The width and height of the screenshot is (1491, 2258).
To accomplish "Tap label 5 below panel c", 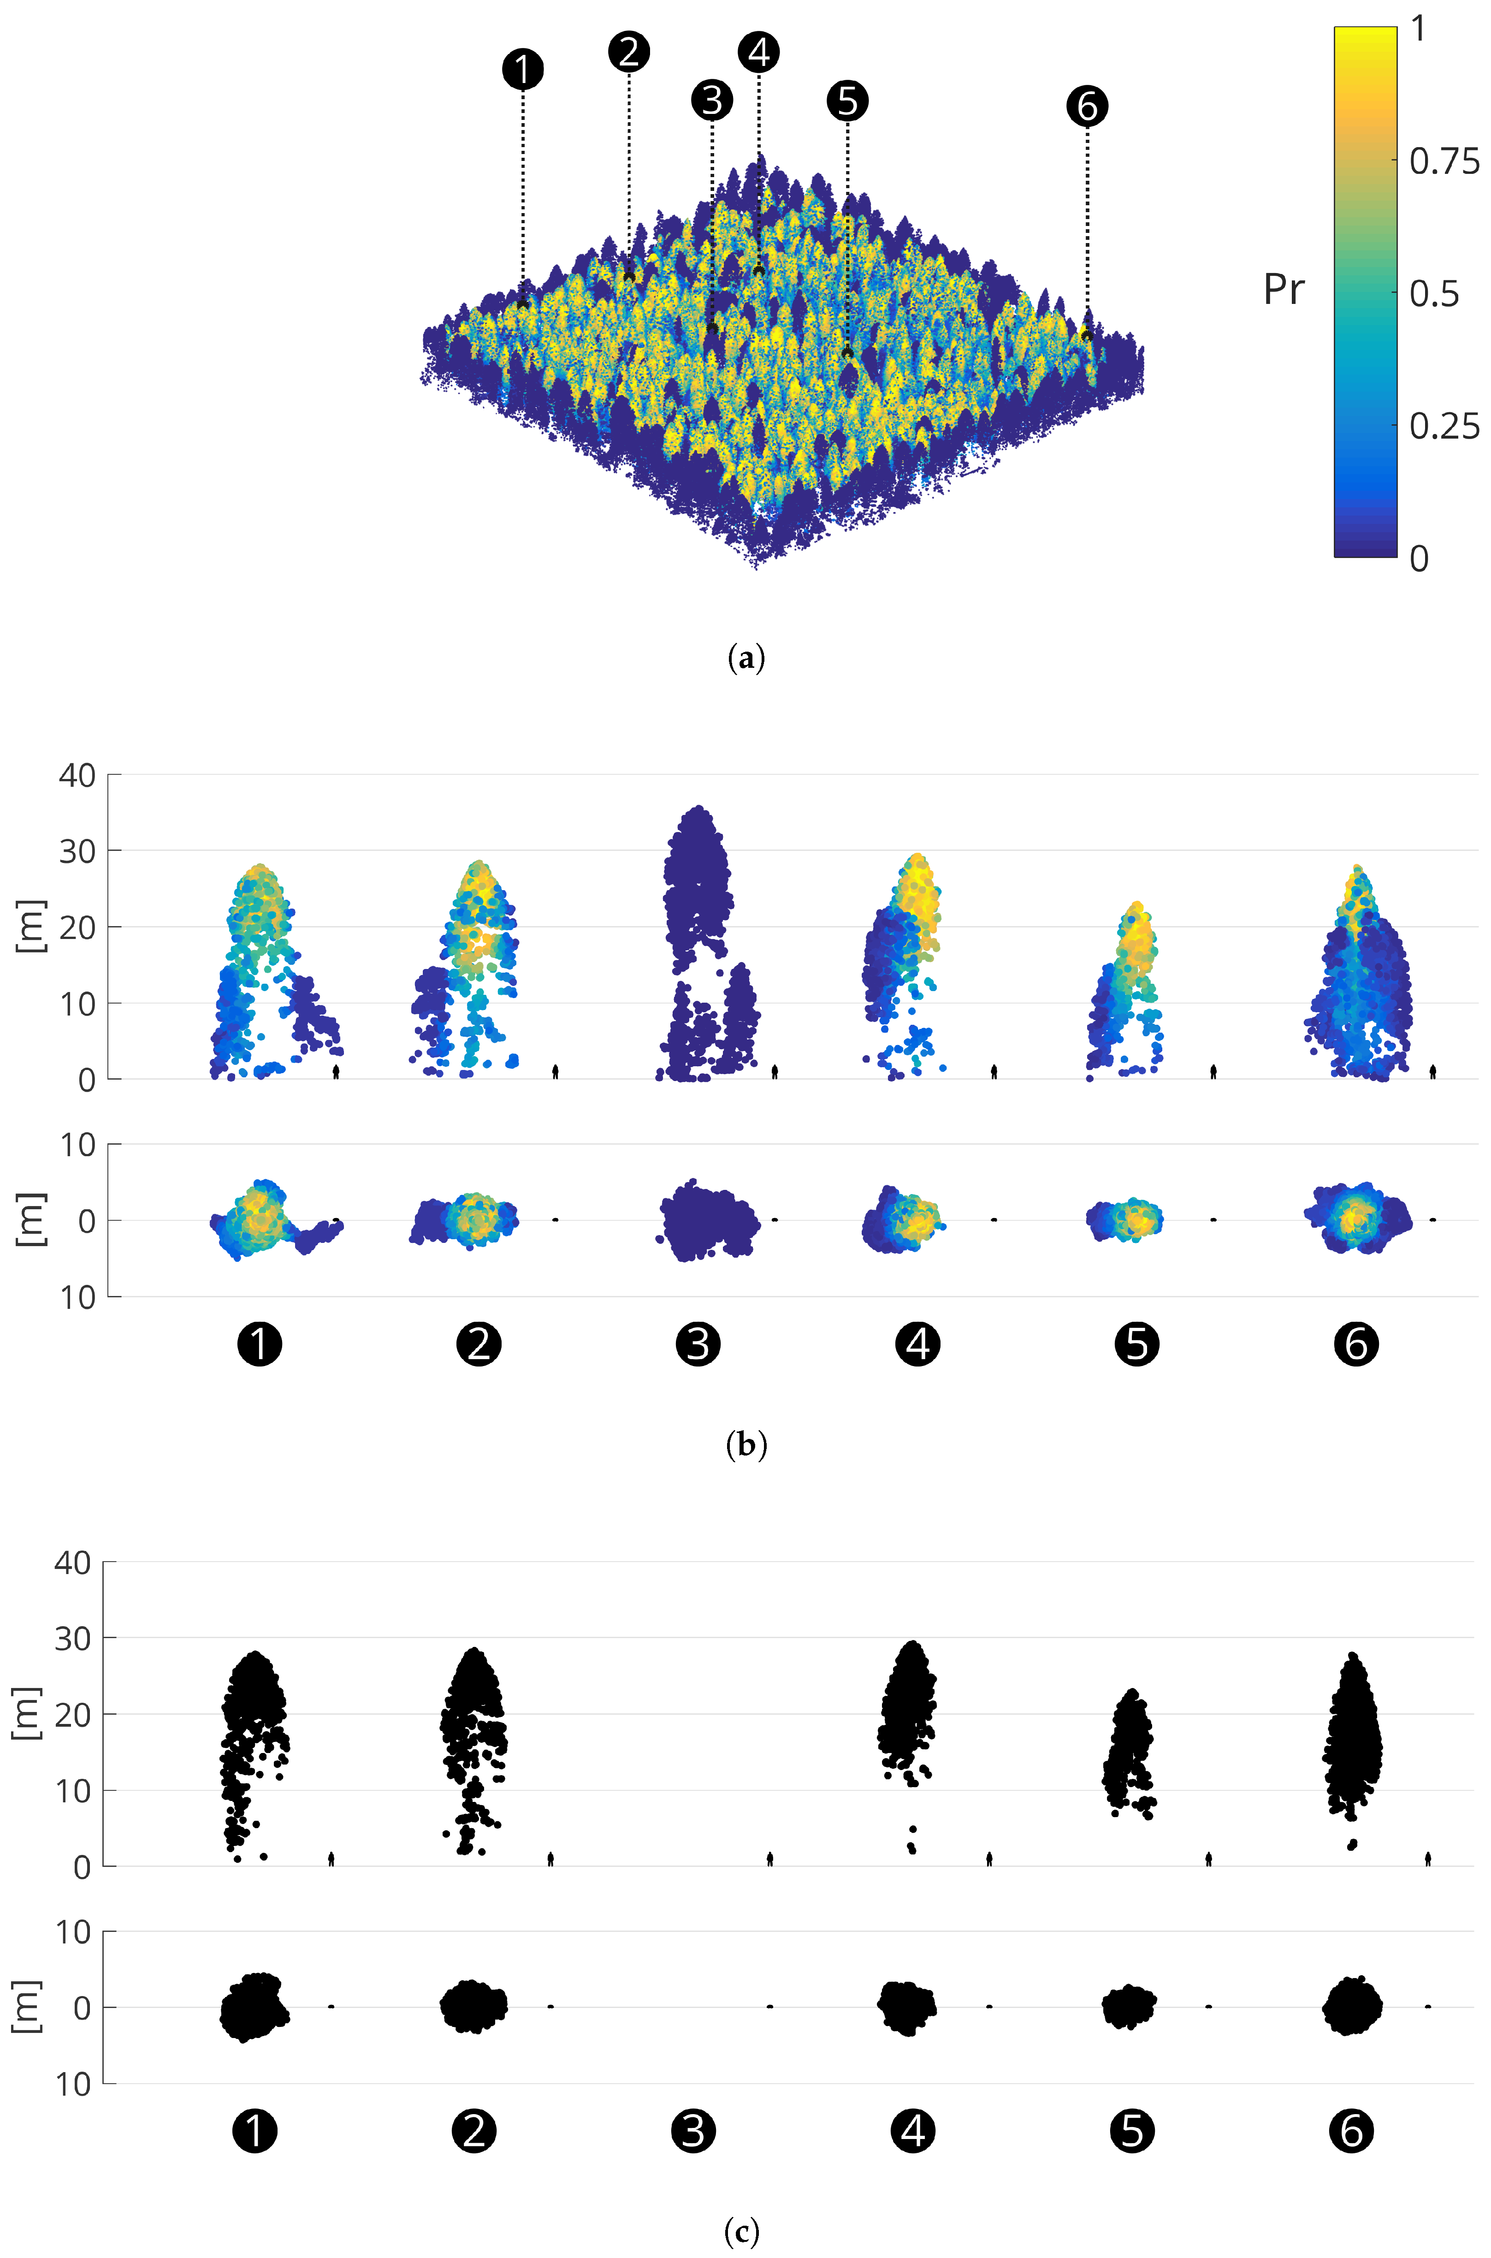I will (x=1131, y=2131).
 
